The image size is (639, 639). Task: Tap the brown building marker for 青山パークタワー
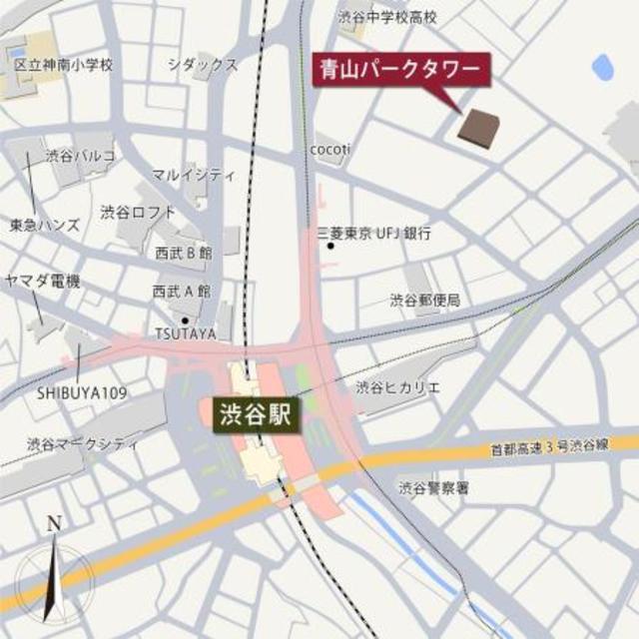coord(479,127)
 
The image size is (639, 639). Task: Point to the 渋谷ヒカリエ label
coord(398,386)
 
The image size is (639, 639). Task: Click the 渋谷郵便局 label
coord(424,300)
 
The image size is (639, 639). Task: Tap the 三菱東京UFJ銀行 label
coord(373,233)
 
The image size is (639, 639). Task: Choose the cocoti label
coord(330,150)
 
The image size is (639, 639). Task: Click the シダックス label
coord(203,65)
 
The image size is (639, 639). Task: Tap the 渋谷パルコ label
coord(80,156)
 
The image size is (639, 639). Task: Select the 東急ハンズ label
coord(45,225)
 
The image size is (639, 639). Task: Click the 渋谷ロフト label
coord(138,212)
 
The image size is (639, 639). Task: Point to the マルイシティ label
coord(194,174)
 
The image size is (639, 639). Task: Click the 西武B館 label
coord(182,254)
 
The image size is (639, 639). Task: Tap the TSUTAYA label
coord(186,332)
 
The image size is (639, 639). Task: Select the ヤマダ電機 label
coord(42,282)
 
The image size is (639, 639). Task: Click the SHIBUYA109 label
coord(82,392)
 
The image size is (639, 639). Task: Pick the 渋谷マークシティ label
coord(83,444)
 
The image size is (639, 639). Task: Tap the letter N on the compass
coord(55,524)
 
